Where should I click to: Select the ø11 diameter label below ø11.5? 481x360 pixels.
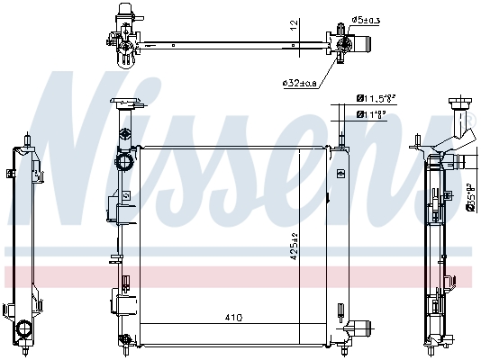point(373,113)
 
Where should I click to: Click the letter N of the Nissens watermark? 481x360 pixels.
point(86,153)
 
